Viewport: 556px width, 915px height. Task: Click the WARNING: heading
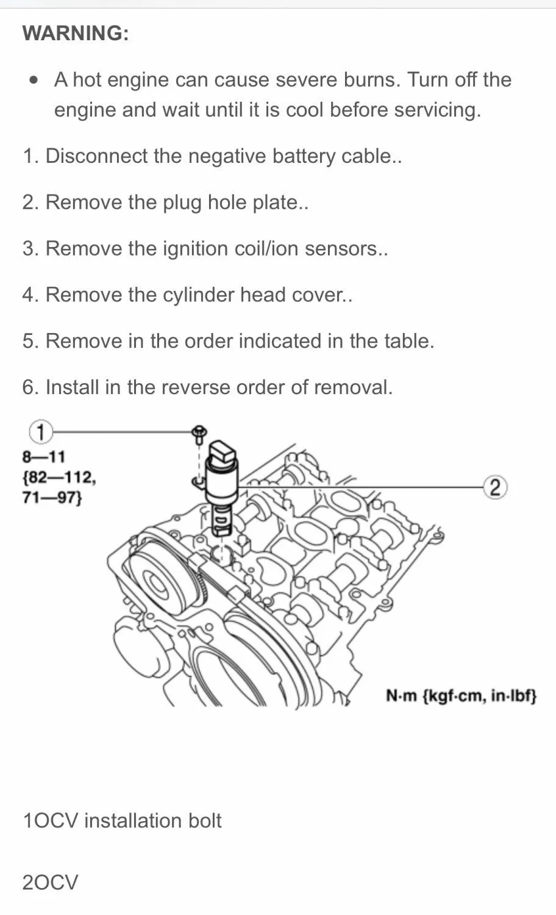(x=76, y=33)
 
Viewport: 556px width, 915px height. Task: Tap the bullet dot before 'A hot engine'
(x=35, y=80)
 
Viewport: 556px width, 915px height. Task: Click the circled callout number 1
(x=40, y=432)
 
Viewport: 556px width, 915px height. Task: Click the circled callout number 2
(x=495, y=487)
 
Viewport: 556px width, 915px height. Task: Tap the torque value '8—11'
(x=44, y=456)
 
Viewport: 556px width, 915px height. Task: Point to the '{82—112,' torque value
(x=59, y=476)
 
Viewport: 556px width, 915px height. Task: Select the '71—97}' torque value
(x=52, y=497)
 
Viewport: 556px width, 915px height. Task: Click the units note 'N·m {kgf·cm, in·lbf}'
(x=461, y=695)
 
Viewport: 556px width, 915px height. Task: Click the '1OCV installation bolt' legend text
(x=122, y=821)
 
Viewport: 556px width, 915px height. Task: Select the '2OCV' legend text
(x=51, y=882)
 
